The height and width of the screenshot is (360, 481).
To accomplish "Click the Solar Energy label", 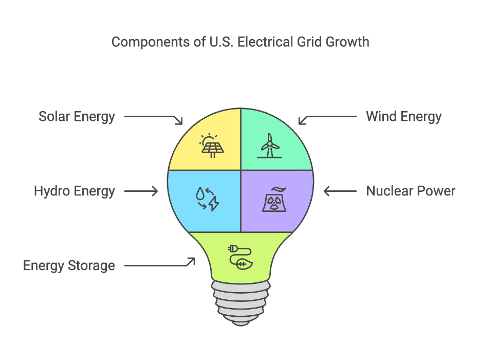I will (77, 117).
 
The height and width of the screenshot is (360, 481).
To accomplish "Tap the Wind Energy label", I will (403, 117).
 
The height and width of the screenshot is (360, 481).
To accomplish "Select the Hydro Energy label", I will (75, 192).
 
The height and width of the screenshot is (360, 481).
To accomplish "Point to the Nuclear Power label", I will (411, 192).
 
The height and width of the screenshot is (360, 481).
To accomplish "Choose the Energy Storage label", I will (69, 266).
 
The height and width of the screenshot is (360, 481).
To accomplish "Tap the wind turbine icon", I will (269, 146).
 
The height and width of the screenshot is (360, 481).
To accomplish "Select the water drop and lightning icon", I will (207, 199).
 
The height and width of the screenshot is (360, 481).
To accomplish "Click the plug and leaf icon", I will (240, 258).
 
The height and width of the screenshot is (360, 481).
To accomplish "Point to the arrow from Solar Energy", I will (153, 118).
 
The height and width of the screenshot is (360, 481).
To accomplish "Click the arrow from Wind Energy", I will (327, 118).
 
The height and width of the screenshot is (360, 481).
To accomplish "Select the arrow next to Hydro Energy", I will (141, 191).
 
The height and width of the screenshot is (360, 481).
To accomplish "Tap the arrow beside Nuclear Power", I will (340, 191).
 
